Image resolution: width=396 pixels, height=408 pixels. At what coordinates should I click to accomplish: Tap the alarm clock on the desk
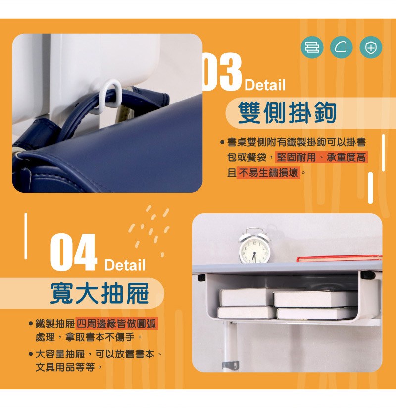(x=254, y=246)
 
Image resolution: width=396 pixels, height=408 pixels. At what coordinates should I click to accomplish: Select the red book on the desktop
(x=339, y=258)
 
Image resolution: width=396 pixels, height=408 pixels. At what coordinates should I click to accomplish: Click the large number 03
(x=222, y=72)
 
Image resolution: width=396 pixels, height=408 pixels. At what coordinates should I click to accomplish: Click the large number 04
(x=74, y=252)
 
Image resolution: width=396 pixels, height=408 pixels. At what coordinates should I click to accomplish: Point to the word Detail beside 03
(x=265, y=85)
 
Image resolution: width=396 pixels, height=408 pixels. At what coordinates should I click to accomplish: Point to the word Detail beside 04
(x=125, y=265)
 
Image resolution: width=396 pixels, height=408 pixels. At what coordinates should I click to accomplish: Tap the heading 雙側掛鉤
(x=287, y=113)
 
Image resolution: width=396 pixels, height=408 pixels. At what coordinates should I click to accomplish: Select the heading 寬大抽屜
(x=99, y=293)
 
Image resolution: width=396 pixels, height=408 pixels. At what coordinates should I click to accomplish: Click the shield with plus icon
(x=371, y=48)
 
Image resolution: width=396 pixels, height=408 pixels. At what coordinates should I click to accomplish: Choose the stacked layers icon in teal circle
(x=312, y=48)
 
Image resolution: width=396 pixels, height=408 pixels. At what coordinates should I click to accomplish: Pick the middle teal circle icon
(x=341, y=48)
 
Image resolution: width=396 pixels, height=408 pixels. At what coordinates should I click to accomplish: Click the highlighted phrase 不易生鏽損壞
(x=268, y=172)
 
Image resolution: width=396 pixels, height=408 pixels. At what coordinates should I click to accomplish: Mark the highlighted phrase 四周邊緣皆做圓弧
(x=116, y=324)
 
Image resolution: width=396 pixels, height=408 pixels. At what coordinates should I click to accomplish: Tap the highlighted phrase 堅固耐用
(x=296, y=157)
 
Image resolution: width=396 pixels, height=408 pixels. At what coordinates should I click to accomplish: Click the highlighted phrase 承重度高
(x=346, y=157)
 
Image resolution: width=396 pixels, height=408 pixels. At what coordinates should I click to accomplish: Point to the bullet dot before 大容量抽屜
(x=31, y=354)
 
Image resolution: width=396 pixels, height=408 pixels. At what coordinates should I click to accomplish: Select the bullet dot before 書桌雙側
(x=222, y=142)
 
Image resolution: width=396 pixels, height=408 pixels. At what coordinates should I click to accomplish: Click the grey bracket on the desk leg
(x=231, y=365)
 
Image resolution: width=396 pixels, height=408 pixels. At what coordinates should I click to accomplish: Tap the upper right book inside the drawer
(x=315, y=299)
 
